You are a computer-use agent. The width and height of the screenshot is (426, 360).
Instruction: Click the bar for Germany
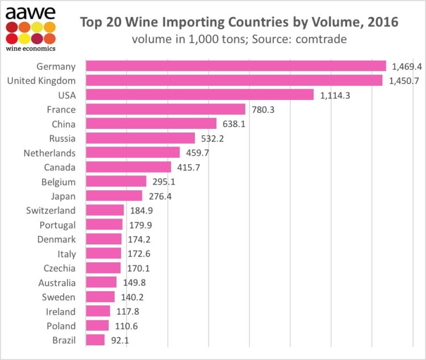[236, 66]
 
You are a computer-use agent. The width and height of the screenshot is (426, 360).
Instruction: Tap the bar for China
[151, 124]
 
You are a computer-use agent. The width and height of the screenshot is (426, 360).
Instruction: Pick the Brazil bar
[95, 340]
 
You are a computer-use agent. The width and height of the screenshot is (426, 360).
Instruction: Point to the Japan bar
[114, 196]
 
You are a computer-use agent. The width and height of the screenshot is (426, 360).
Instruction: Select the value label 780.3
[263, 110]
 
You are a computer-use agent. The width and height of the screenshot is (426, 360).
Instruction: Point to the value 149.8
[134, 283]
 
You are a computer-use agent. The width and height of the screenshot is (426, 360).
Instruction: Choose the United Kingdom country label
[41, 81]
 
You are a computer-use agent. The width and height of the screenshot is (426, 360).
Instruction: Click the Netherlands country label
[49, 153]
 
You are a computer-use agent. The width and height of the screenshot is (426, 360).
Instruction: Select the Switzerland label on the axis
[51, 211]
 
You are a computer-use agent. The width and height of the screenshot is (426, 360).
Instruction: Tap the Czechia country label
[59, 268]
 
